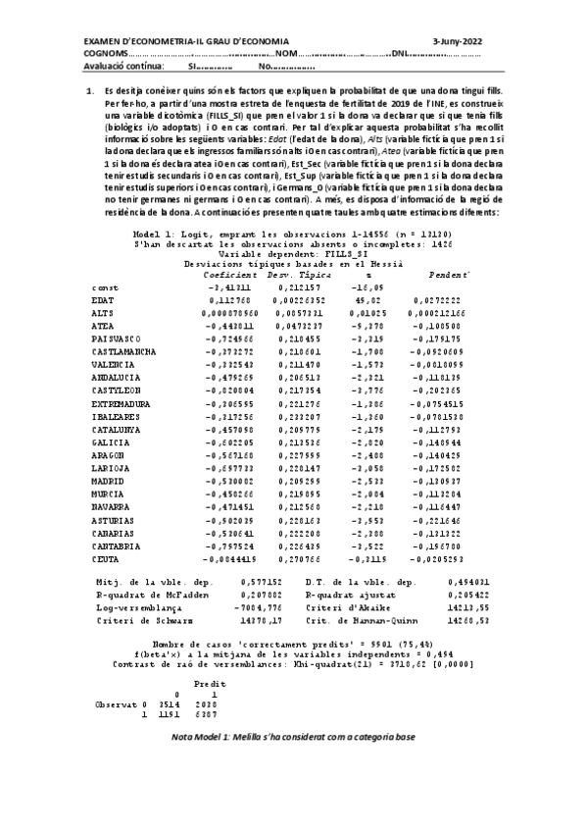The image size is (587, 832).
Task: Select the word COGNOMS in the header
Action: point(104,54)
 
